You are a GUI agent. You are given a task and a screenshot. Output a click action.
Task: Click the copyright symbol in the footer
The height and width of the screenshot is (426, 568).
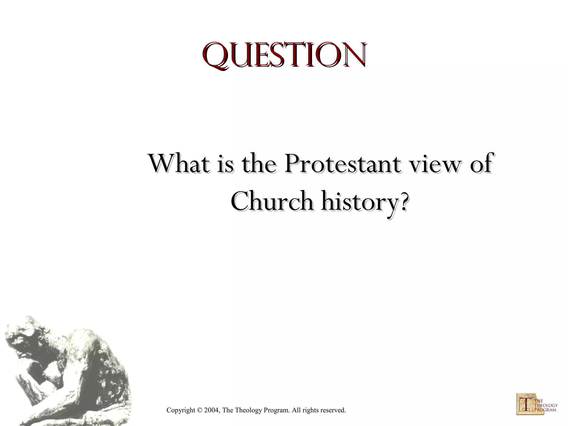(199, 410)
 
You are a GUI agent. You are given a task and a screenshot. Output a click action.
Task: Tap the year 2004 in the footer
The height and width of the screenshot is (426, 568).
(212, 410)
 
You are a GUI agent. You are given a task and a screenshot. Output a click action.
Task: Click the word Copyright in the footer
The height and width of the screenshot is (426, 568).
(181, 410)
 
